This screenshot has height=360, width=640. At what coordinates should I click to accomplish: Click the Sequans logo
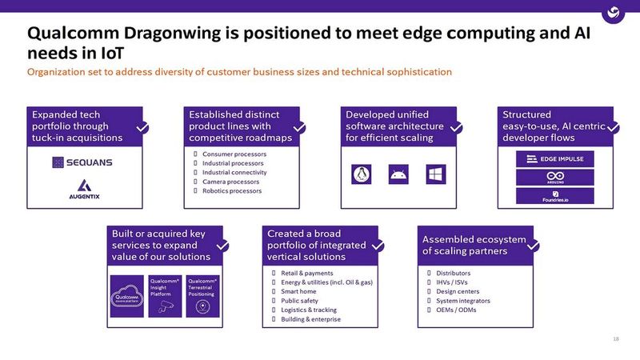pyautogui.click(x=82, y=162)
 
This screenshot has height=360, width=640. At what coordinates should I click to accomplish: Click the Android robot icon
pyautogui.click(x=397, y=173)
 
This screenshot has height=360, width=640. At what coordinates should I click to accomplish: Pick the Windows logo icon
pyautogui.click(x=434, y=173)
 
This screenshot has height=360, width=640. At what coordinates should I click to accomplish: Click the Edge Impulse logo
pyautogui.click(x=555, y=158)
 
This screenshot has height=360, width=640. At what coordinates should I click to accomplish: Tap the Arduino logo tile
pyautogui.click(x=555, y=178)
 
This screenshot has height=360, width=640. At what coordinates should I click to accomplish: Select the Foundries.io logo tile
pyautogui.click(x=555, y=197)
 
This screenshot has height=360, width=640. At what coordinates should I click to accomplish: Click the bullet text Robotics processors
pyautogui.click(x=232, y=191)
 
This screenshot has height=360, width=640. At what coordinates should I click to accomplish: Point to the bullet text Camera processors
pyautogui.click(x=230, y=182)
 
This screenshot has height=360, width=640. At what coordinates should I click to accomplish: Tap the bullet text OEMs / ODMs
pyautogui.click(x=456, y=310)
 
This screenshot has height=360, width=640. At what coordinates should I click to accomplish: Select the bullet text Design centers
pyautogui.click(x=458, y=291)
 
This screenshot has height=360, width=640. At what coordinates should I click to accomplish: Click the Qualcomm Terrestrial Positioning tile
pyautogui.click(x=202, y=296)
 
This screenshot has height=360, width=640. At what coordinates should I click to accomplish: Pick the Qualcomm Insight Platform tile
pyautogui.click(x=166, y=296)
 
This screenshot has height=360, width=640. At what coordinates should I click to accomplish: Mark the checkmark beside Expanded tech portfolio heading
pyautogui.click(x=142, y=128)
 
